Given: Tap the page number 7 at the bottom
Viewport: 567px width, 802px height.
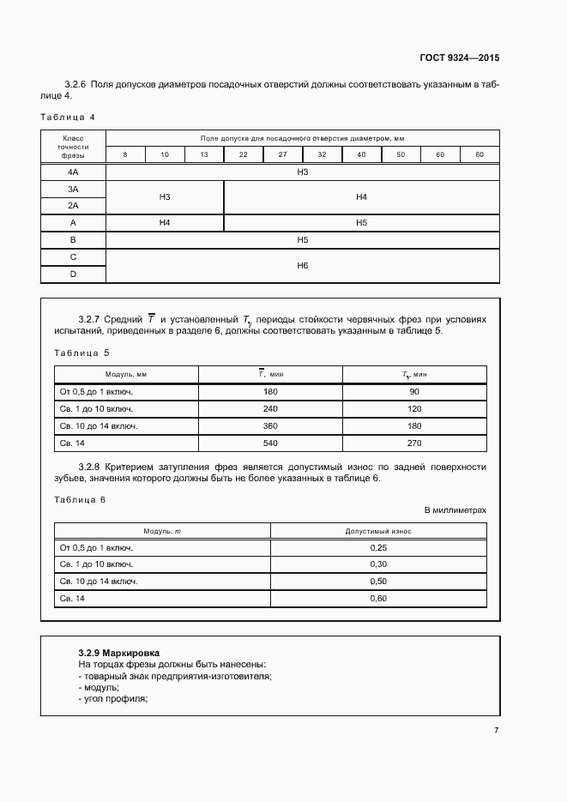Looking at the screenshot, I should [x=496, y=731].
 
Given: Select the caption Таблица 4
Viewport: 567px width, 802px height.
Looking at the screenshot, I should [x=68, y=116].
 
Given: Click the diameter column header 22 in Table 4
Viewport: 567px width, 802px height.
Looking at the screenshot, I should [x=244, y=154].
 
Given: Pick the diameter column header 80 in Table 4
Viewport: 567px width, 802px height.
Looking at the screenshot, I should [x=480, y=154].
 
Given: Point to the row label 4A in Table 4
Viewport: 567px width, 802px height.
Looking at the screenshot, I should [x=73, y=172].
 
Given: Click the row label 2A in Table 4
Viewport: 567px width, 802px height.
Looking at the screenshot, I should [x=73, y=206].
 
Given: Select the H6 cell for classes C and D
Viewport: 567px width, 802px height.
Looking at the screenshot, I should [x=302, y=266].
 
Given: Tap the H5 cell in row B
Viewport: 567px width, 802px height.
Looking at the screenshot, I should [x=302, y=240].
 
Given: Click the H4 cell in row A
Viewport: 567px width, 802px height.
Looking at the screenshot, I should [x=165, y=223].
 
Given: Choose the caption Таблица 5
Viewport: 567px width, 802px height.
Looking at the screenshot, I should [x=81, y=353].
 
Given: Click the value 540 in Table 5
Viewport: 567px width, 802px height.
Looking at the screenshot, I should [x=271, y=443].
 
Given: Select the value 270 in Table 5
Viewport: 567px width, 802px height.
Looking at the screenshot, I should [x=414, y=443].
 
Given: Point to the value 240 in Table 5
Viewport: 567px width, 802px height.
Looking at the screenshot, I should [x=271, y=408].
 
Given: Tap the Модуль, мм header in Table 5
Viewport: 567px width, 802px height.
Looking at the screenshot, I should [x=126, y=375].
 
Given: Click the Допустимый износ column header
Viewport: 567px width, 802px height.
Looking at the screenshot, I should [x=378, y=531].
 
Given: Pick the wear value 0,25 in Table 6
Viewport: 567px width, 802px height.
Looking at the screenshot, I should [x=378, y=547].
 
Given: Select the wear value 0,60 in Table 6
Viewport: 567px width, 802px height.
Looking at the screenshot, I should [x=378, y=599].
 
